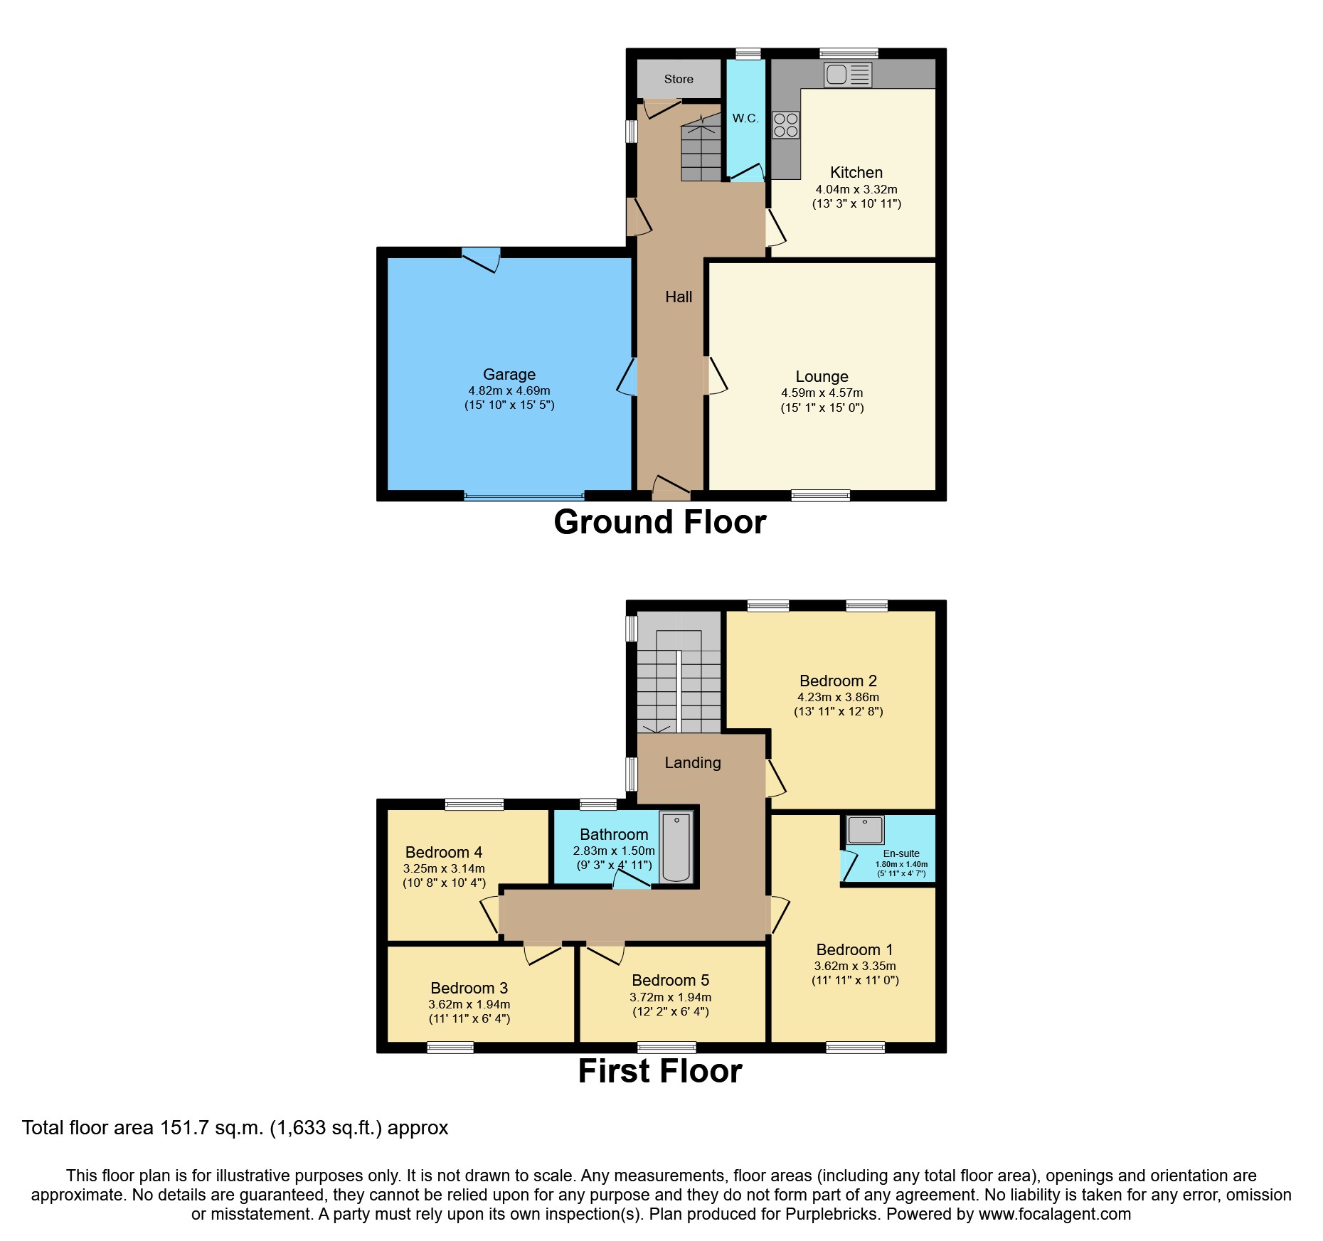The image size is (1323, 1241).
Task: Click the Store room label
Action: click(x=678, y=79)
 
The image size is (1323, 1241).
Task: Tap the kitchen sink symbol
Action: click(x=848, y=75)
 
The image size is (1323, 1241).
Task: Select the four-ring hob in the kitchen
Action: click(x=785, y=125)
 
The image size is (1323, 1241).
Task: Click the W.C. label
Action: click(x=745, y=118)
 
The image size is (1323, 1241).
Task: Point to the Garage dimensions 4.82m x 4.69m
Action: click(x=509, y=390)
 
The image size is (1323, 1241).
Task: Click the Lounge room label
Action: click(x=822, y=376)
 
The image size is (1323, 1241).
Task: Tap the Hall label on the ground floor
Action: click(x=679, y=297)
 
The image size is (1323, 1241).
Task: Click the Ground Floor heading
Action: click(x=659, y=522)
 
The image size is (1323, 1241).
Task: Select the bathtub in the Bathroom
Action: click(x=676, y=847)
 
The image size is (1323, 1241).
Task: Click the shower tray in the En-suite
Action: click(x=865, y=830)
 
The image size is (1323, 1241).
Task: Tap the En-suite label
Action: click(x=901, y=853)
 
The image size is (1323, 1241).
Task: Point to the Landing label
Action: click(x=692, y=762)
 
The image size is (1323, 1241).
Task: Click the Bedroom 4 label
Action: click(x=444, y=852)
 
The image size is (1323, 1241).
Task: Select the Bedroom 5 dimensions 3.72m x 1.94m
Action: click(x=670, y=997)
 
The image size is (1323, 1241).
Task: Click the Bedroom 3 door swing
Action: click(x=542, y=953)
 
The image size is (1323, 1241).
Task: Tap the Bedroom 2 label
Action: click(x=838, y=681)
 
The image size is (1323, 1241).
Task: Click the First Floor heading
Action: click(x=659, y=1071)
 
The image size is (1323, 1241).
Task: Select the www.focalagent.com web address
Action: click(x=1054, y=1214)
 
